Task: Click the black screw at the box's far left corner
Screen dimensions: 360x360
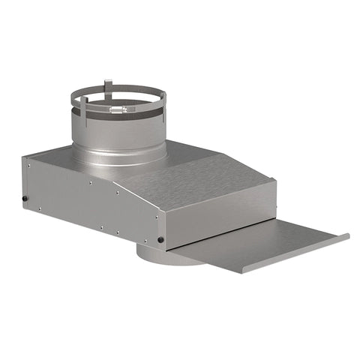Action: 25,199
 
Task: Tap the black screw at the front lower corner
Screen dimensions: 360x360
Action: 160,240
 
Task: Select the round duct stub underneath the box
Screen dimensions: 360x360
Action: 161,257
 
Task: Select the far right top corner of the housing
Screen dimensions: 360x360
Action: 274,180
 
